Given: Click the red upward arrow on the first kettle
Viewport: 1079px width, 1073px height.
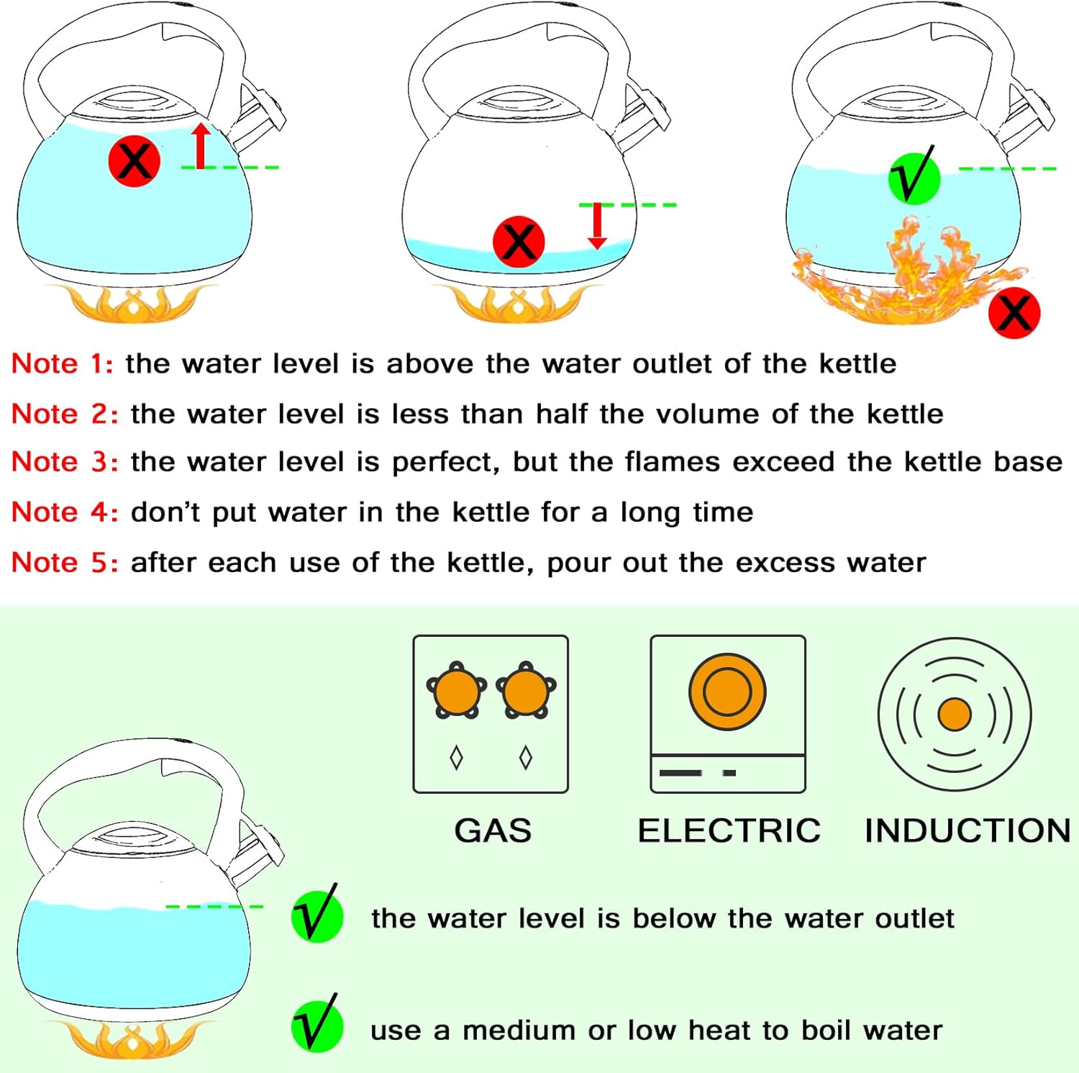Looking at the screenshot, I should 201,145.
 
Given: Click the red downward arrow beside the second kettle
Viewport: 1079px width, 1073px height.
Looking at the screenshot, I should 597,226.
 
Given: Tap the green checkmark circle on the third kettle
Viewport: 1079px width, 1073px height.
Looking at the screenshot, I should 914,177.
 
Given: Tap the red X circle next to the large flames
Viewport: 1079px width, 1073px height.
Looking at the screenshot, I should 1014,312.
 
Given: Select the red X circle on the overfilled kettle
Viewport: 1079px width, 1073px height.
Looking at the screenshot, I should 135,160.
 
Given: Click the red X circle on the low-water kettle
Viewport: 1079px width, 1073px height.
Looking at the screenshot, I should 519,241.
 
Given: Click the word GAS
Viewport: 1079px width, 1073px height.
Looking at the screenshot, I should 493,830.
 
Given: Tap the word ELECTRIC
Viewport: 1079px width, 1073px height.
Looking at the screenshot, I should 729,830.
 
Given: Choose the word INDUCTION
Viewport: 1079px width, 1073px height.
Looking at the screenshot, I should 968,830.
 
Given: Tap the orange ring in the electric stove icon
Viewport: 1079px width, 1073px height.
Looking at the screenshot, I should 727,692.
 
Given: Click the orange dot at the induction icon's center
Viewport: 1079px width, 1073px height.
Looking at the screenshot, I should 955,715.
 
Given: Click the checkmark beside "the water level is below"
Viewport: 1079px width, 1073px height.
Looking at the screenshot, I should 317,916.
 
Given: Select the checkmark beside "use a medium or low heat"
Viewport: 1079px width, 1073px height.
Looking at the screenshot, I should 317,1026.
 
